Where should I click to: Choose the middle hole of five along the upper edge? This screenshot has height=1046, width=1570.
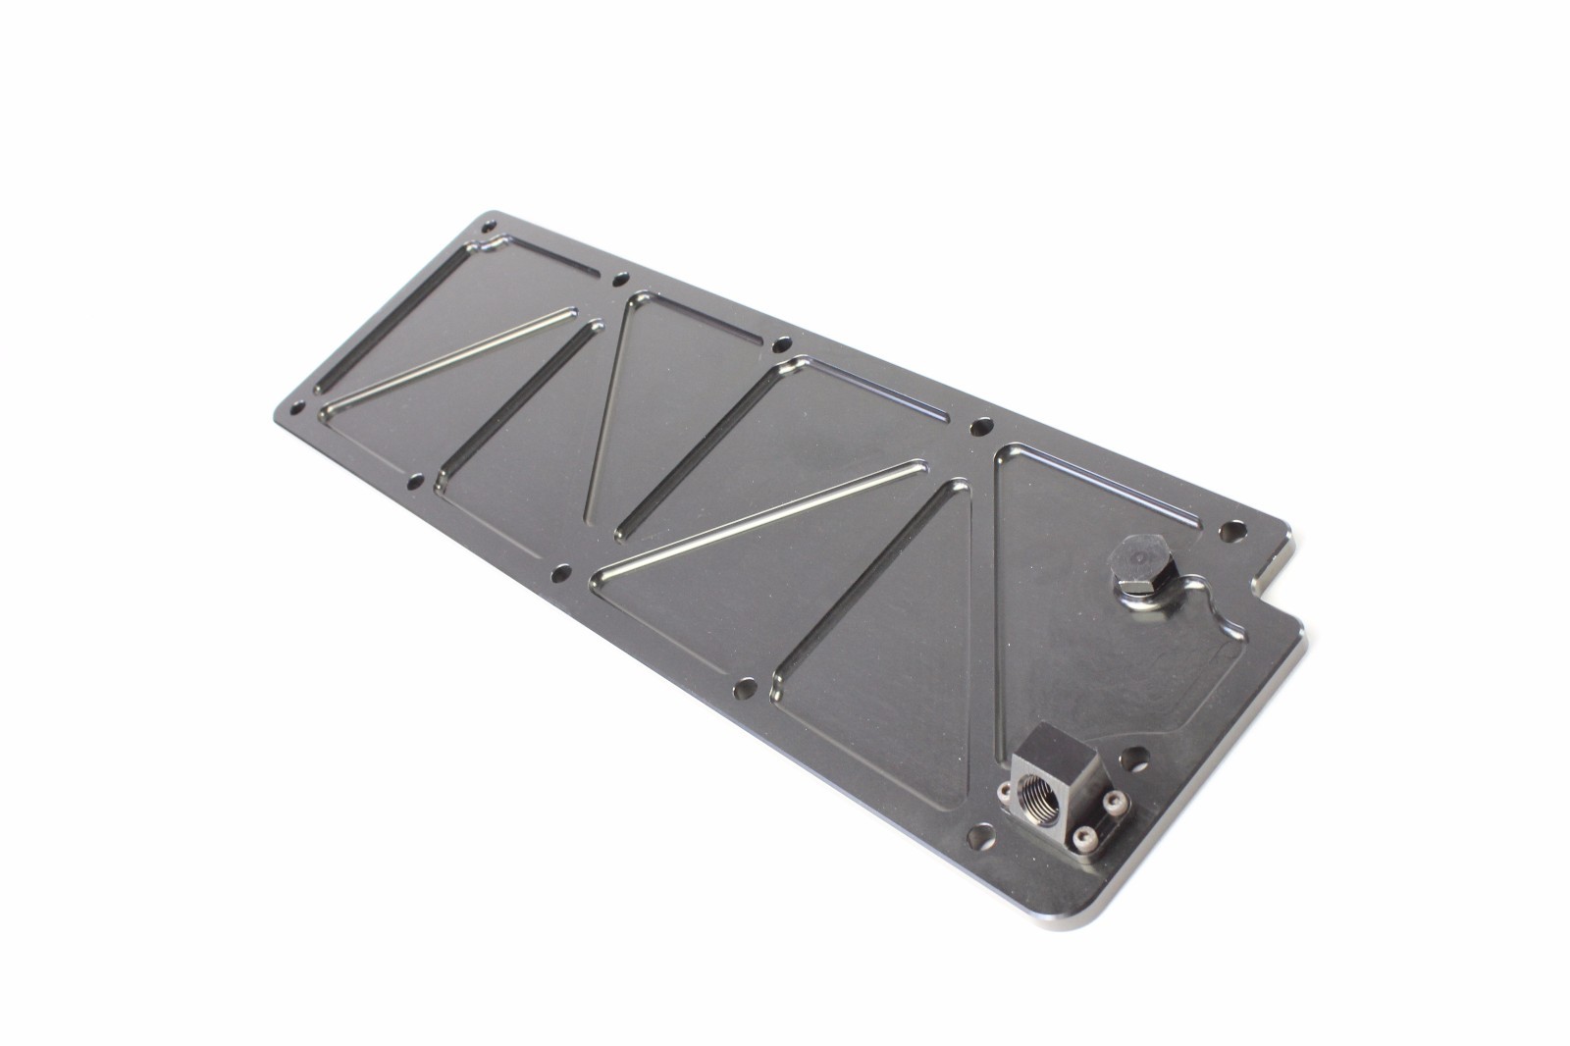(781, 344)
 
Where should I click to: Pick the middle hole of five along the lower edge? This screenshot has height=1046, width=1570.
(561, 572)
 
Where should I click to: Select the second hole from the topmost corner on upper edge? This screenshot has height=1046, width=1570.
(619, 278)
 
